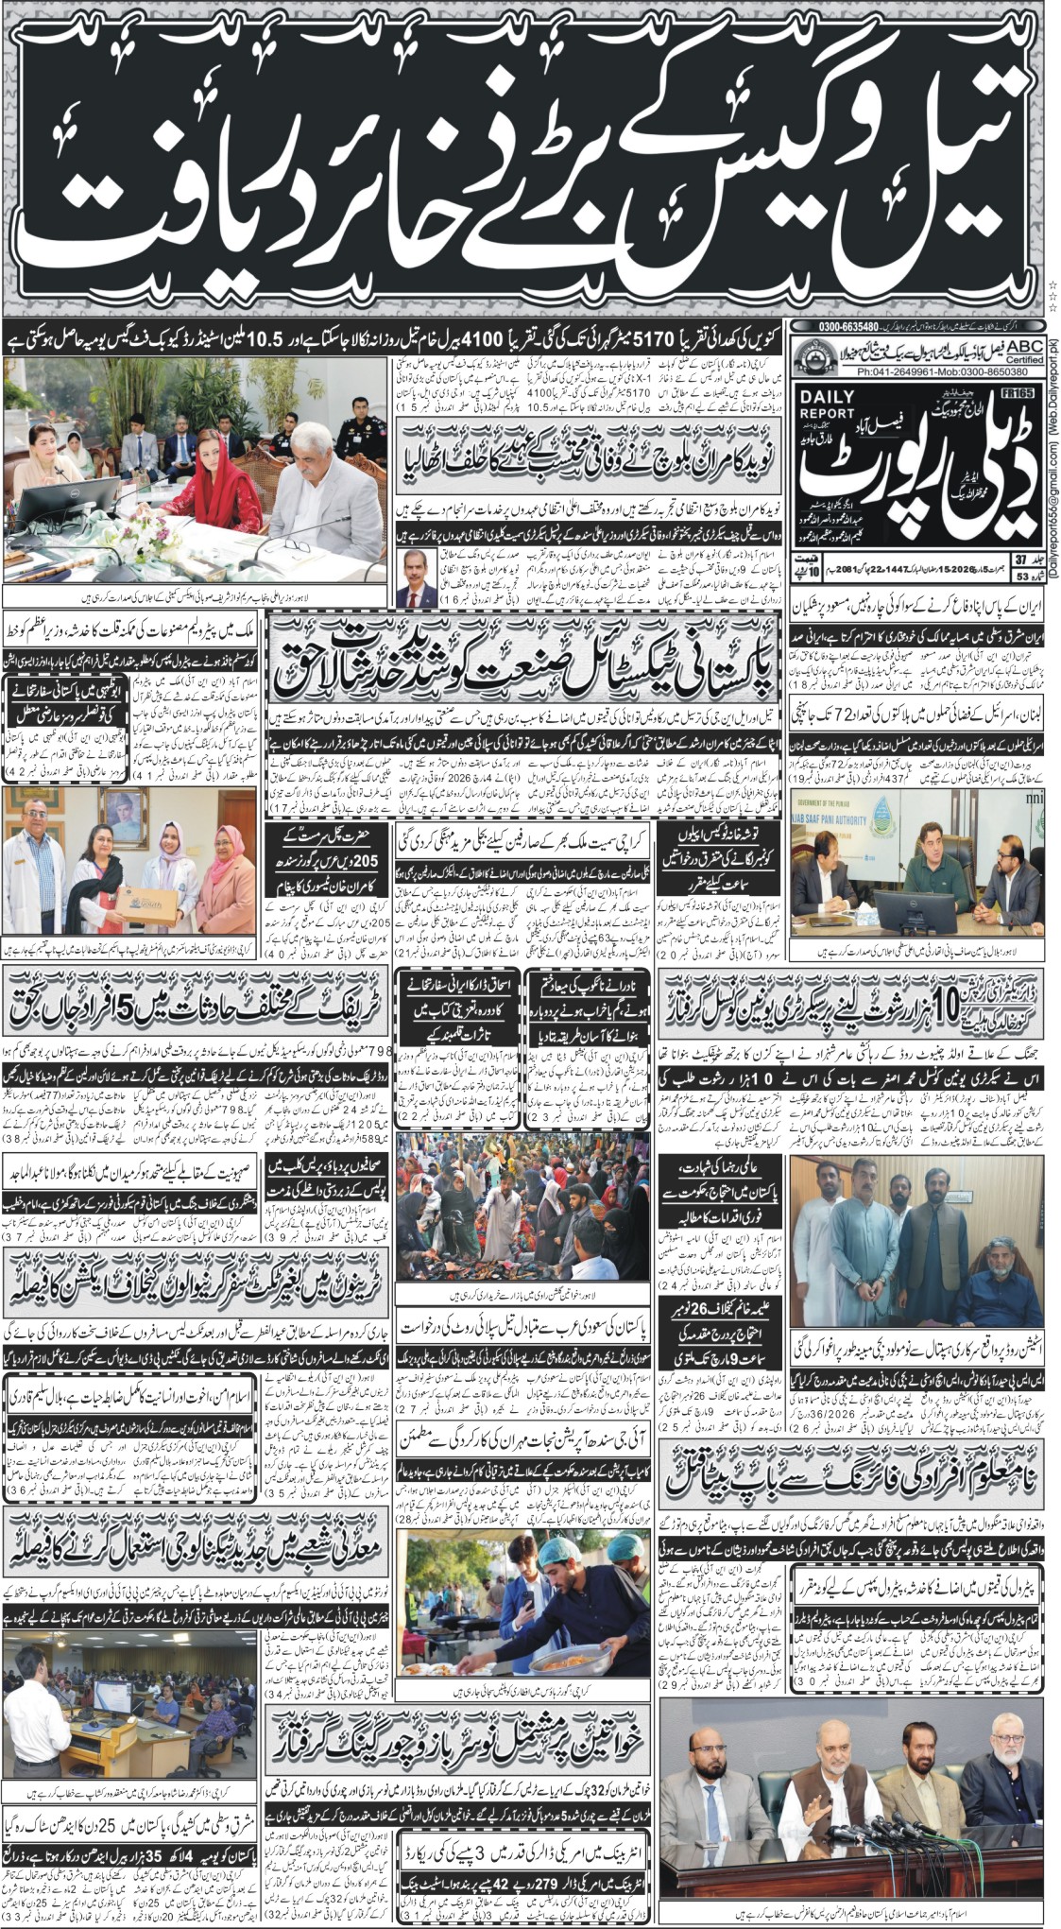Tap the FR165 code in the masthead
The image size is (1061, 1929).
click(x=1018, y=395)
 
